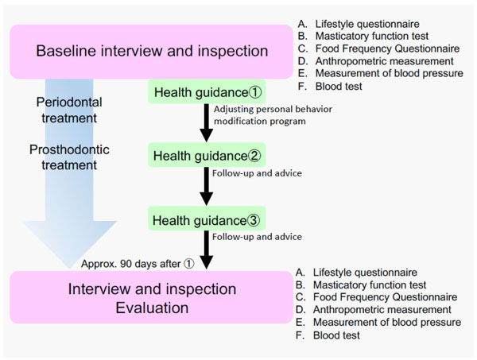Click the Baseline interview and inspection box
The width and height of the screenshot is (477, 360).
pos(152,52)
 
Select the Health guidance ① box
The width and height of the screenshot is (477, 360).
pos(207,92)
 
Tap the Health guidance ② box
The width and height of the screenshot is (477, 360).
pos(207,155)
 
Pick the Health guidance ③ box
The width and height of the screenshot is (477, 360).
pos(207,219)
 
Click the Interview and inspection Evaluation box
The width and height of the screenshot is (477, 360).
pos(152,297)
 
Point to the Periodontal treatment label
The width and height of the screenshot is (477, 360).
pos(69,110)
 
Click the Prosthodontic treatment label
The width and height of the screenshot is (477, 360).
pos(69,157)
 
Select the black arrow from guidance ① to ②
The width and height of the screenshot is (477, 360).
pos(206,123)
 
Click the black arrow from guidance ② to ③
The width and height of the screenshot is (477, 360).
pos(206,187)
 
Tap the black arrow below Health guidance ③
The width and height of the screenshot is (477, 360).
pos(206,250)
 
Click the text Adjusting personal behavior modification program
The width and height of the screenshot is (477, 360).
pos(273,115)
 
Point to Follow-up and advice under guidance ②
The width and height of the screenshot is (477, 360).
pos(257,173)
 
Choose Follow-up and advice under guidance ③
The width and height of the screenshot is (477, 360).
pos(257,237)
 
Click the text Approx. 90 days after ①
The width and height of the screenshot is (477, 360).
pos(138,264)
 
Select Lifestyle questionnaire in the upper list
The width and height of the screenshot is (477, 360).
pos(367,24)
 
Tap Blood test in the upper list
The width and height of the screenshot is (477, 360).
pos(339,87)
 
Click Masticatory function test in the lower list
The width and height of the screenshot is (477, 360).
pos(370,285)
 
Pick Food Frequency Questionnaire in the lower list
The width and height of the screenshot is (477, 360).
pos(385,297)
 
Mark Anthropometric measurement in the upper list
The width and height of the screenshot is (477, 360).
pos(384,61)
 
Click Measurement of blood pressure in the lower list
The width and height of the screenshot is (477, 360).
pos(387,323)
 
